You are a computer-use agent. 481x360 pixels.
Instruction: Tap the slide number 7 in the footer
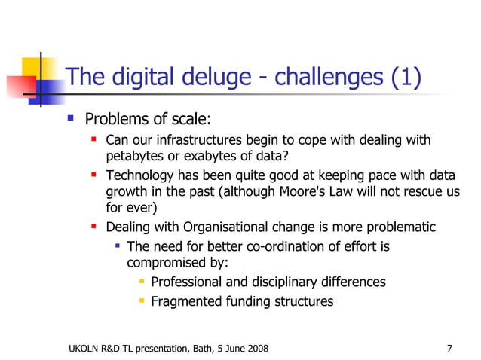(449, 348)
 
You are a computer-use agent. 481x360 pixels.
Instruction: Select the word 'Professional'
(193, 282)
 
